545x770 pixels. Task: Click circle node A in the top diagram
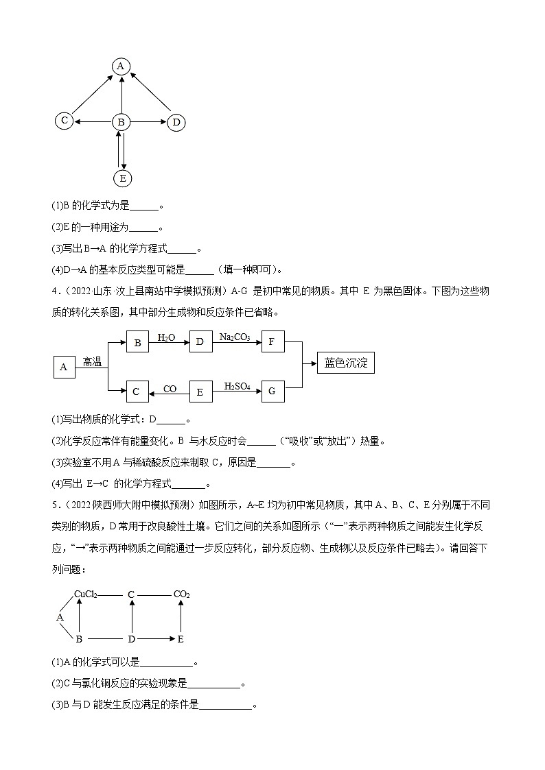(x=121, y=66)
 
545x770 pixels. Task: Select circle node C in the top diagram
(x=64, y=121)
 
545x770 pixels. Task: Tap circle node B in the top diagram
(x=121, y=122)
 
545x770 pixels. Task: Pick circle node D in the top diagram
(x=176, y=123)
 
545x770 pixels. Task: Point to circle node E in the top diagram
(x=122, y=178)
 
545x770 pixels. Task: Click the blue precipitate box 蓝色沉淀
(x=346, y=363)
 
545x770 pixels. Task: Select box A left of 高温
(x=64, y=367)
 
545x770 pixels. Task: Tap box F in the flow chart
(x=272, y=341)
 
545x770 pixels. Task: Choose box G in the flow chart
(x=272, y=391)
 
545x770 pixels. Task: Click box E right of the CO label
(x=200, y=392)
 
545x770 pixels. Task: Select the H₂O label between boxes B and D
(x=166, y=337)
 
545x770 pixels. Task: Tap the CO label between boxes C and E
(x=170, y=389)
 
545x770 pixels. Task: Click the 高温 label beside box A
(x=92, y=362)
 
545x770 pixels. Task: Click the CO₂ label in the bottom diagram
(x=181, y=594)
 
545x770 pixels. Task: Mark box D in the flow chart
(x=200, y=341)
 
